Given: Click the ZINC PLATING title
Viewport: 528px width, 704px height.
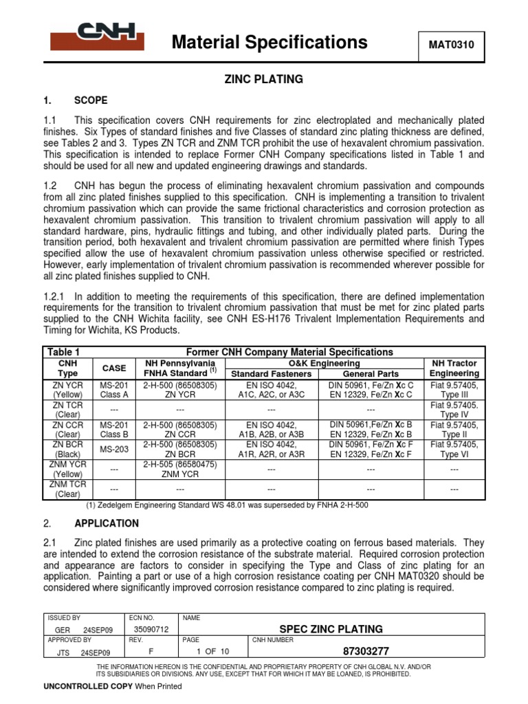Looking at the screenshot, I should [x=264, y=79].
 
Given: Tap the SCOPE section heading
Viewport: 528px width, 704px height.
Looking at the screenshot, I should [x=91, y=100].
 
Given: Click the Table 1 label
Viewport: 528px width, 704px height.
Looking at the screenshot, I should [x=63, y=351].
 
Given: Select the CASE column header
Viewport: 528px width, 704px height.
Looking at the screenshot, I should [x=114, y=368].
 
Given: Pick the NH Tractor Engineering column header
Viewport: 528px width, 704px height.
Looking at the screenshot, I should [x=454, y=368].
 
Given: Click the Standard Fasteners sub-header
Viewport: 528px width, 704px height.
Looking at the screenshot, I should [x=271, y=373].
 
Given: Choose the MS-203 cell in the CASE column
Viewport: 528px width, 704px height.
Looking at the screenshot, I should [x=114, y=450].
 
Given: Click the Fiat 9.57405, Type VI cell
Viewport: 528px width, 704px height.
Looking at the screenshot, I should [x=454, y=450].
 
